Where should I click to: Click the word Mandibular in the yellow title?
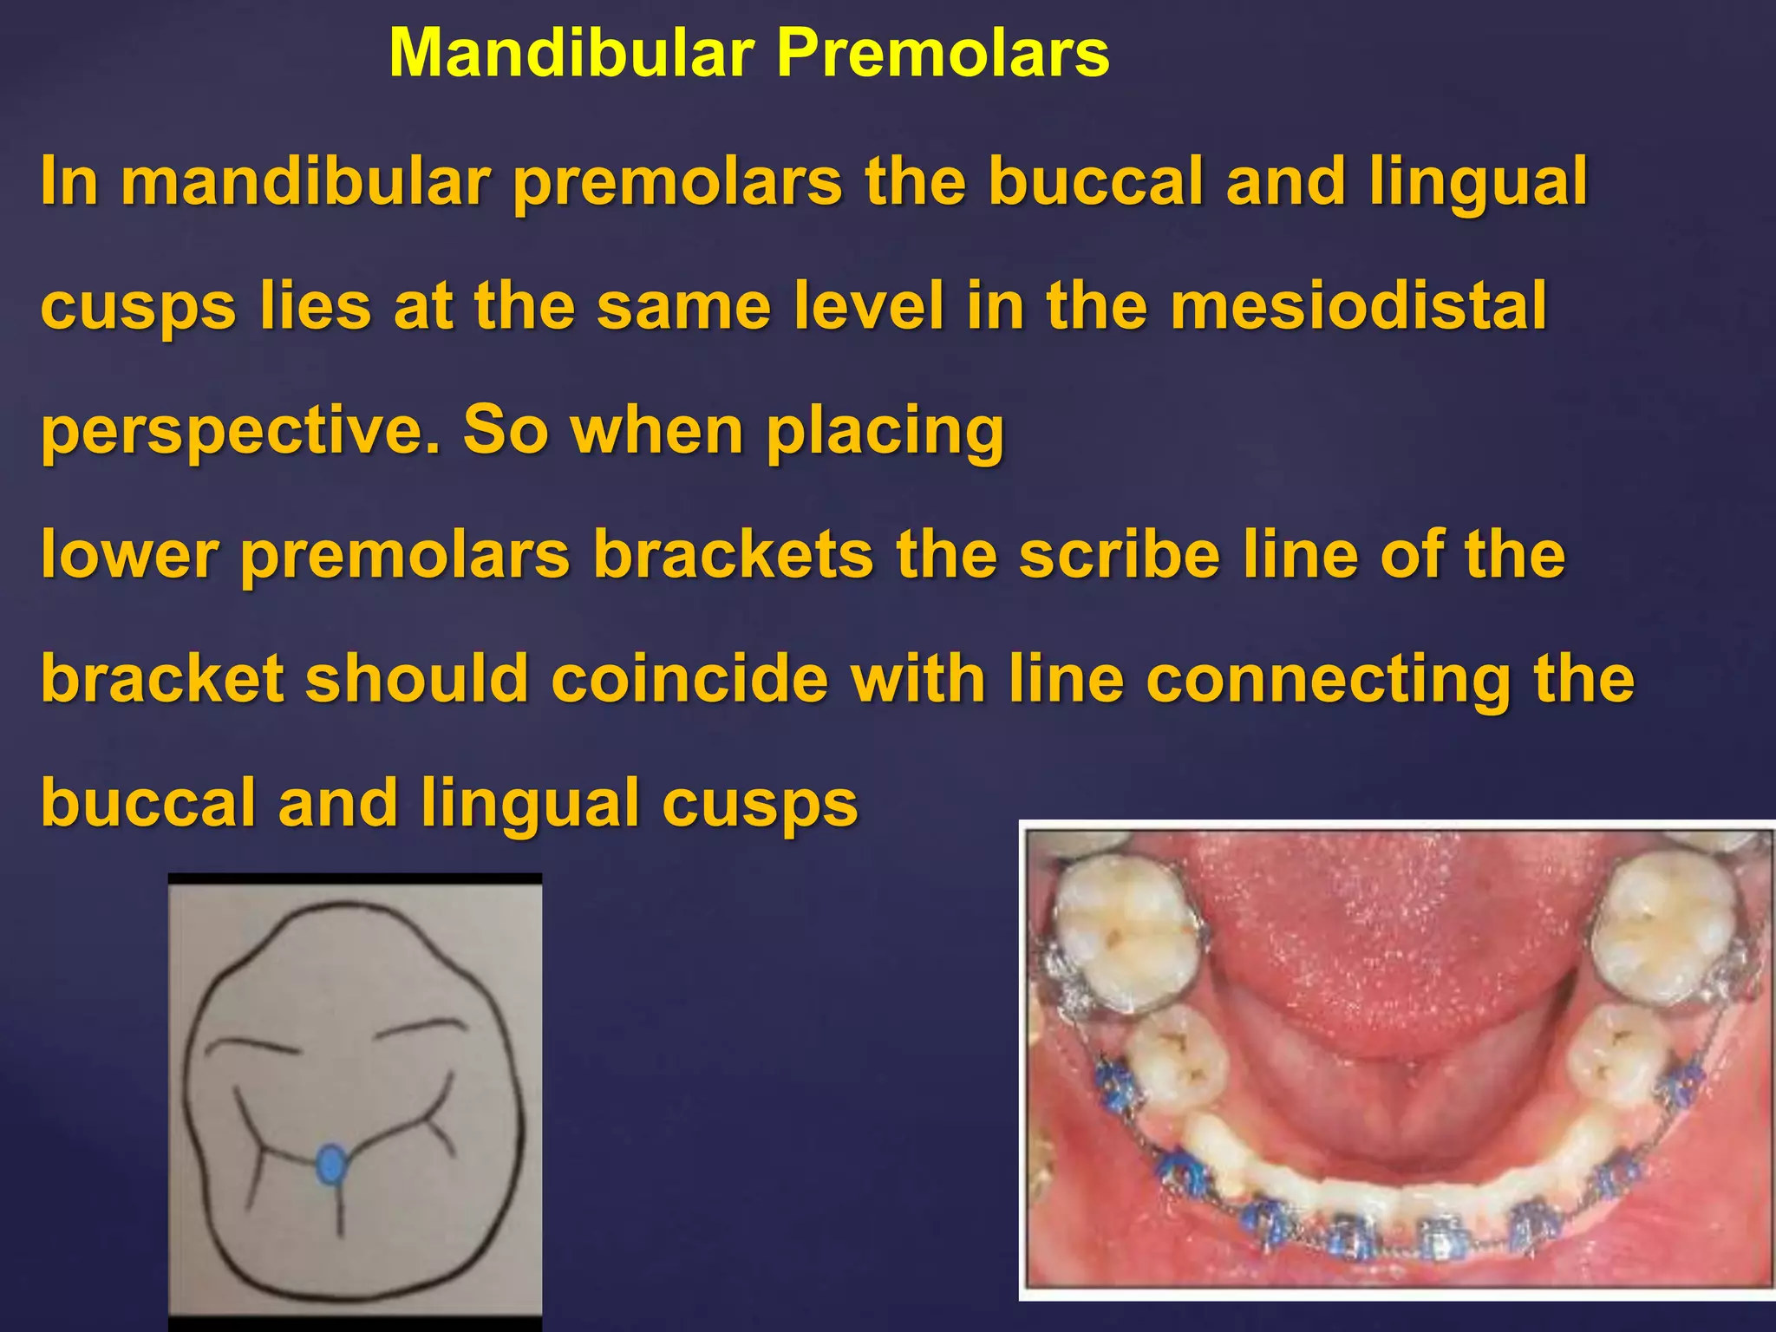[571, 53]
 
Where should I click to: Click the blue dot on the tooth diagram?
[330, 1164]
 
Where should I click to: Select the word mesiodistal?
[1358, 305]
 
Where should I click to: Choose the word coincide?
[689, 678]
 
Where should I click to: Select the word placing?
[885, 431]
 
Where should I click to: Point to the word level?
[867, 305]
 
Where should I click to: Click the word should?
[417, 678]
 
